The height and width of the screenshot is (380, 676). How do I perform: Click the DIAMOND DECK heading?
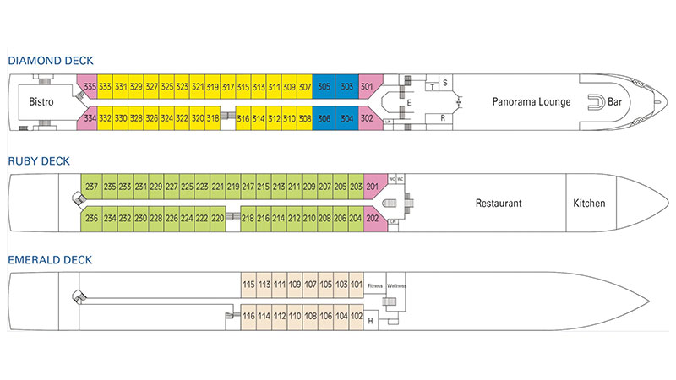click(51, 61)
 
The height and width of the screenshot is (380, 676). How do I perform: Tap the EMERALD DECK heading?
click(52, 259)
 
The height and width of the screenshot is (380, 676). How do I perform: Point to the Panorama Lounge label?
click(532, 102)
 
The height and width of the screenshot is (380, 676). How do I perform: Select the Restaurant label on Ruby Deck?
click(498, 204)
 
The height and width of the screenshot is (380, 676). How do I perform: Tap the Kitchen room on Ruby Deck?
click(589, 204)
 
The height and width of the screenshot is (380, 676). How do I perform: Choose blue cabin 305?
click(324, 86)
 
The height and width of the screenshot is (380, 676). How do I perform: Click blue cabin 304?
click(346, 119)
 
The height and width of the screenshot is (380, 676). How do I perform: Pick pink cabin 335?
click(90, 86)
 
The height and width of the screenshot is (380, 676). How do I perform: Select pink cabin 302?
click(367, 119)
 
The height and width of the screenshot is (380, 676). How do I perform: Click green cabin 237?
click(91, 187)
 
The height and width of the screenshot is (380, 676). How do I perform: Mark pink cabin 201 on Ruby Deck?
click(372, 187)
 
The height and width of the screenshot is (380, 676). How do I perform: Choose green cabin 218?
click(248, 219)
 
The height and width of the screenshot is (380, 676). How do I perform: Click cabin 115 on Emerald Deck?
click(248, 285)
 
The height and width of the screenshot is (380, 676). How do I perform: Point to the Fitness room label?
click(374, 286)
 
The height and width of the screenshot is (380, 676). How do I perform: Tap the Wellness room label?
click(396, 286)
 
